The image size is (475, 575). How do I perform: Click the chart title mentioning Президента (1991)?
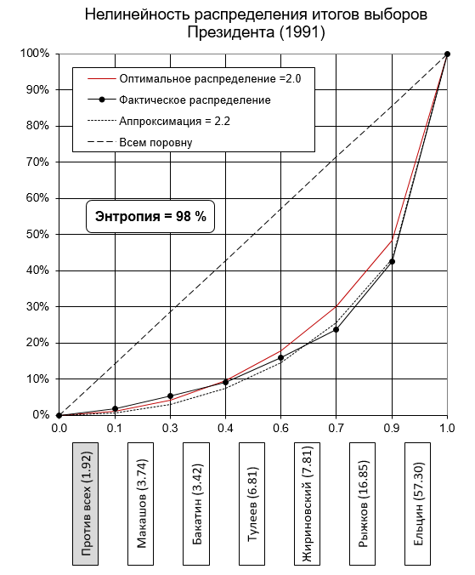coord(256,24)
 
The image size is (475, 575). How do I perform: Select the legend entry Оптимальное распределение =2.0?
coord(194,79)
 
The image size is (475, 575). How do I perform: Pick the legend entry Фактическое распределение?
coord(179,100)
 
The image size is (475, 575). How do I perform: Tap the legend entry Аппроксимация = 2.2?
coord(159,121)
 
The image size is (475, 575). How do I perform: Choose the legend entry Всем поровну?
coord(140,142)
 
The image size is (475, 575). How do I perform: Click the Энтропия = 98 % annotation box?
coord(150,216)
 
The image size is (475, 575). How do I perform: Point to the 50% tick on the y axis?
coord(37,234)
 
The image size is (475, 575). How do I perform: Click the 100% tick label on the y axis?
coord(35,54)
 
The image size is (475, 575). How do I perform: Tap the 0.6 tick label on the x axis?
coord(281,428)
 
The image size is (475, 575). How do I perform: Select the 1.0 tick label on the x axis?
coord(447,428)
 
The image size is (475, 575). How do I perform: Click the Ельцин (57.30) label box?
coord(417,504)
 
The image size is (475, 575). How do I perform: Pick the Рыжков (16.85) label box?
coord(362,504)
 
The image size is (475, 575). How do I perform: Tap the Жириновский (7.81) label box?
coord(307,504)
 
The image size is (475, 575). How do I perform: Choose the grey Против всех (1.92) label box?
coord(85,504)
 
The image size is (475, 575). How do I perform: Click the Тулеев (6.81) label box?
coord(252,504)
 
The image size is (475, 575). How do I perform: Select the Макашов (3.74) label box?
coord(141,504)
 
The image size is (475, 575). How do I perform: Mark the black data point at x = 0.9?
coord(393,261)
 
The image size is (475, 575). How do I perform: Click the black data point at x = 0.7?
coord(336,330)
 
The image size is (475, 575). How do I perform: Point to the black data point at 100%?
coord(447,54)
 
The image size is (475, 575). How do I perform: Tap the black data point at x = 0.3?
coord(170,396)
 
